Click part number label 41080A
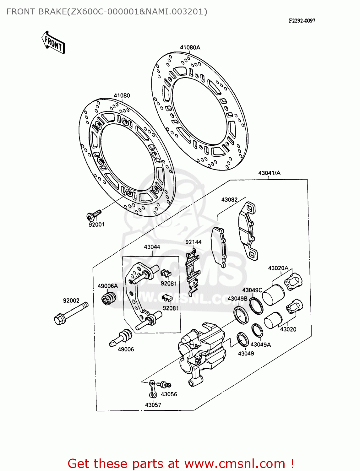click(190, 47)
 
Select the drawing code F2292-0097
click(302, 21)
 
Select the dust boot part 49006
click(122, 337)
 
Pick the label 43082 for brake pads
click(229, 200)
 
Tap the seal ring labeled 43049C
click(256, 305)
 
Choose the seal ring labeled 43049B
click(241, 315)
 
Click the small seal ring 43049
click(243, 340)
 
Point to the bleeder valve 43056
click(165, 384)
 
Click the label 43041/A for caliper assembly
click(269, 173)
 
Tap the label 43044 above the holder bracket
click(152, 247)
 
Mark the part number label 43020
click(288, 329)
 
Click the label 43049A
click(260, 344)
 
